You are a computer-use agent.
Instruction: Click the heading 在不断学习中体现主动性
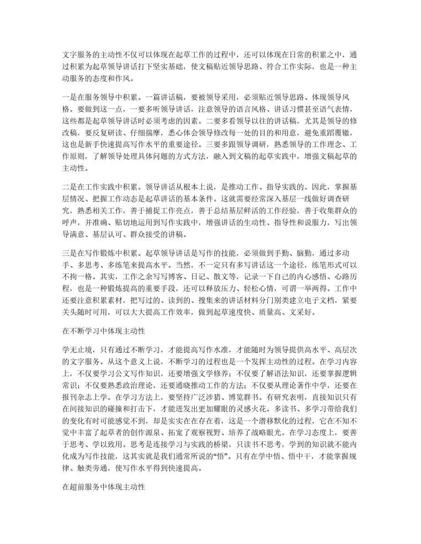[104, 331]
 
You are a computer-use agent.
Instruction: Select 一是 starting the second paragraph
[69, 97]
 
